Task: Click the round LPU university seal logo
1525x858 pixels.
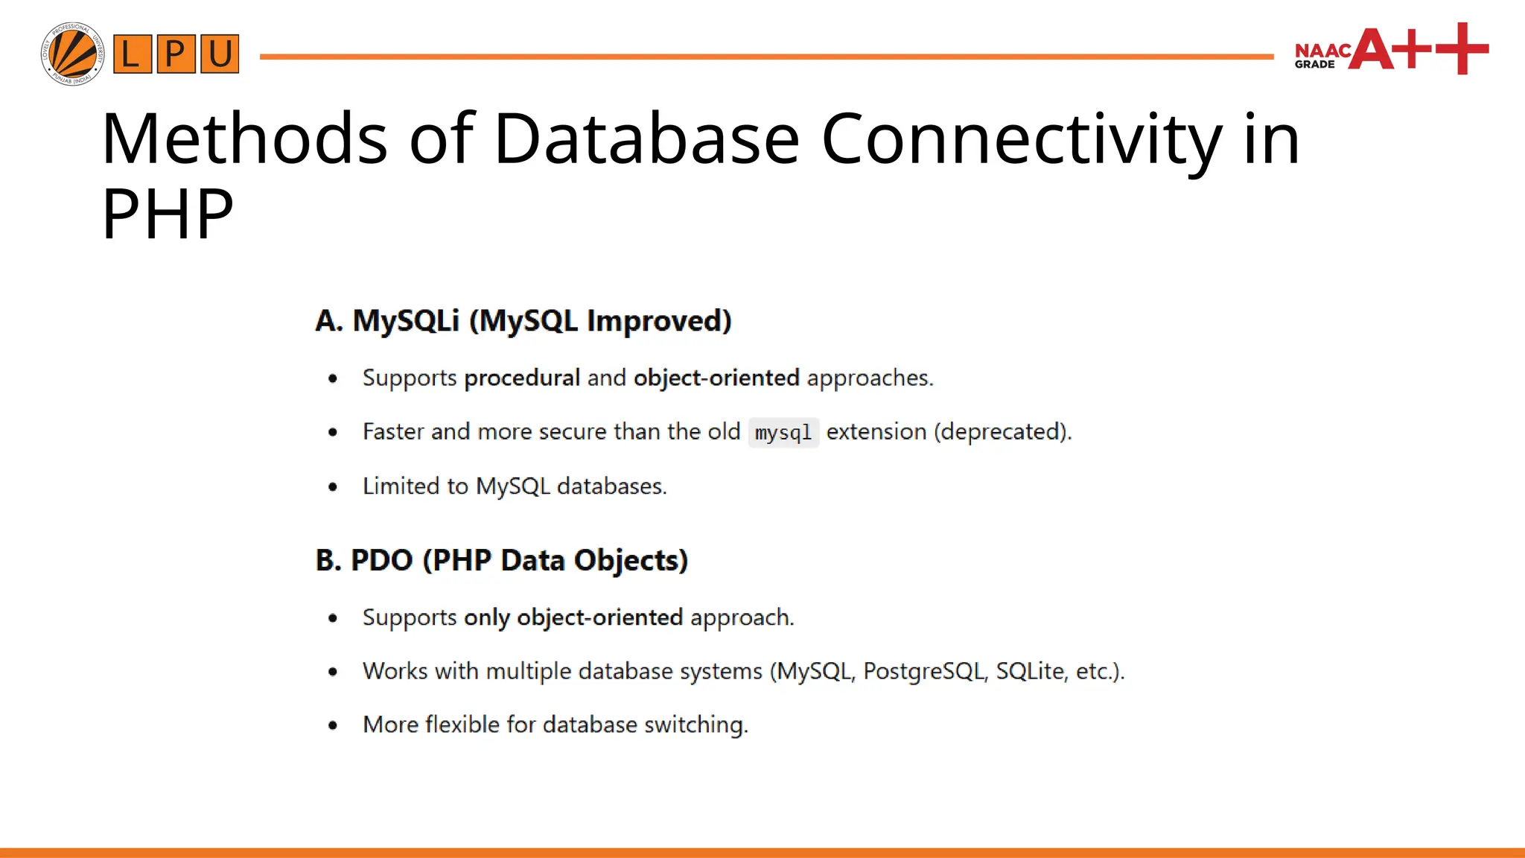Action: click(72, 54)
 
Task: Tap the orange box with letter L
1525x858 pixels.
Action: click(132, 54)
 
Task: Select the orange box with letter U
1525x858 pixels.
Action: click(220, 54)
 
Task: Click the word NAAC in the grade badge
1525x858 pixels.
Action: click(1322, 50)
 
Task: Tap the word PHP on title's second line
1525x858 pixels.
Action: click(167, 214)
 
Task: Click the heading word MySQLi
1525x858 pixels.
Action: click(406, 321)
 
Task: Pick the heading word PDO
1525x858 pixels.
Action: click(381, 560)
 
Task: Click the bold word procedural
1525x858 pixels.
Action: click(522, 378)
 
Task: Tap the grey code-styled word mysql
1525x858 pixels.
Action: click(783, 433)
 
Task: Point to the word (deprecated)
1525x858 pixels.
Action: click(1002, 432)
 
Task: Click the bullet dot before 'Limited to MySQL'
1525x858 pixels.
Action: click(333, 487)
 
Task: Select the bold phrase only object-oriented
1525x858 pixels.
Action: click(573, 617)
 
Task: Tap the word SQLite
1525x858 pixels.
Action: click(1030, 671)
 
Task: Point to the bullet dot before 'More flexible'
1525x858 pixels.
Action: click(333, 725)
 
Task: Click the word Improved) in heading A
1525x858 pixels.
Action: click(659, 321)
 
